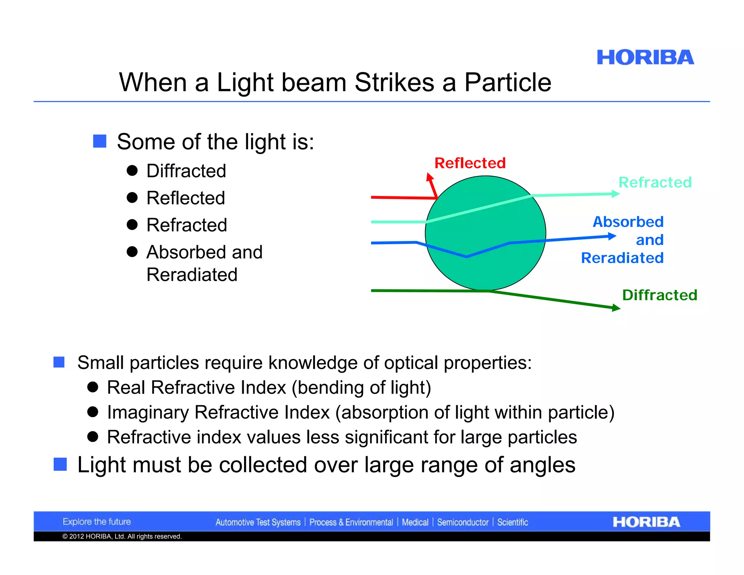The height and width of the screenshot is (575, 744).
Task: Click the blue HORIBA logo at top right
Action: coord(645,58)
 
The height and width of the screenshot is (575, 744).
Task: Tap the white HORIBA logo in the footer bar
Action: coord(646,522)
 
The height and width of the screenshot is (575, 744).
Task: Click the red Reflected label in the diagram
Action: coord(470,163)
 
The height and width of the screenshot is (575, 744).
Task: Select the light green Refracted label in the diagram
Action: coord(655,182)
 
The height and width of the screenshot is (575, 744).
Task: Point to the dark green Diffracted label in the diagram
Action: coord(660,295)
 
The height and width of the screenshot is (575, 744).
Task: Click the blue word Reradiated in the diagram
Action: coord(622,258)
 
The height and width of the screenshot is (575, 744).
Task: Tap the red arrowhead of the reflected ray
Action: coord(430,177)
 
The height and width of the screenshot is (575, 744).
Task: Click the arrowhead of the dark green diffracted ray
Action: coord(616,308)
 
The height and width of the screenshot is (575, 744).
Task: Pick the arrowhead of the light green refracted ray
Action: coord(615,194)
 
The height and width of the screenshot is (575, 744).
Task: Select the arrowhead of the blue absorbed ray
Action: coord(612,236)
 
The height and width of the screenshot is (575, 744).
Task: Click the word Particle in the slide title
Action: coord(508,82)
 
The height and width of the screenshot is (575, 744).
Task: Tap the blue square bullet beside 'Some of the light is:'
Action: coord(100,141)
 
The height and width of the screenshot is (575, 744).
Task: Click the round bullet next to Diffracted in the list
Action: coord(132,170)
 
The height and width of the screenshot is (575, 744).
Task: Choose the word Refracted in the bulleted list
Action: coord(187,225)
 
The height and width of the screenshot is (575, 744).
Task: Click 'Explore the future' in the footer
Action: coord(97,522)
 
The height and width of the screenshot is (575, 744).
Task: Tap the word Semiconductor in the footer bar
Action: coord(462,522)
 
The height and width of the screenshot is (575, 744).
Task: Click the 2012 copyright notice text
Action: coord(122,536)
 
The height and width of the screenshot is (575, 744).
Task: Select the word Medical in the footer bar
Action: coord(415,522)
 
